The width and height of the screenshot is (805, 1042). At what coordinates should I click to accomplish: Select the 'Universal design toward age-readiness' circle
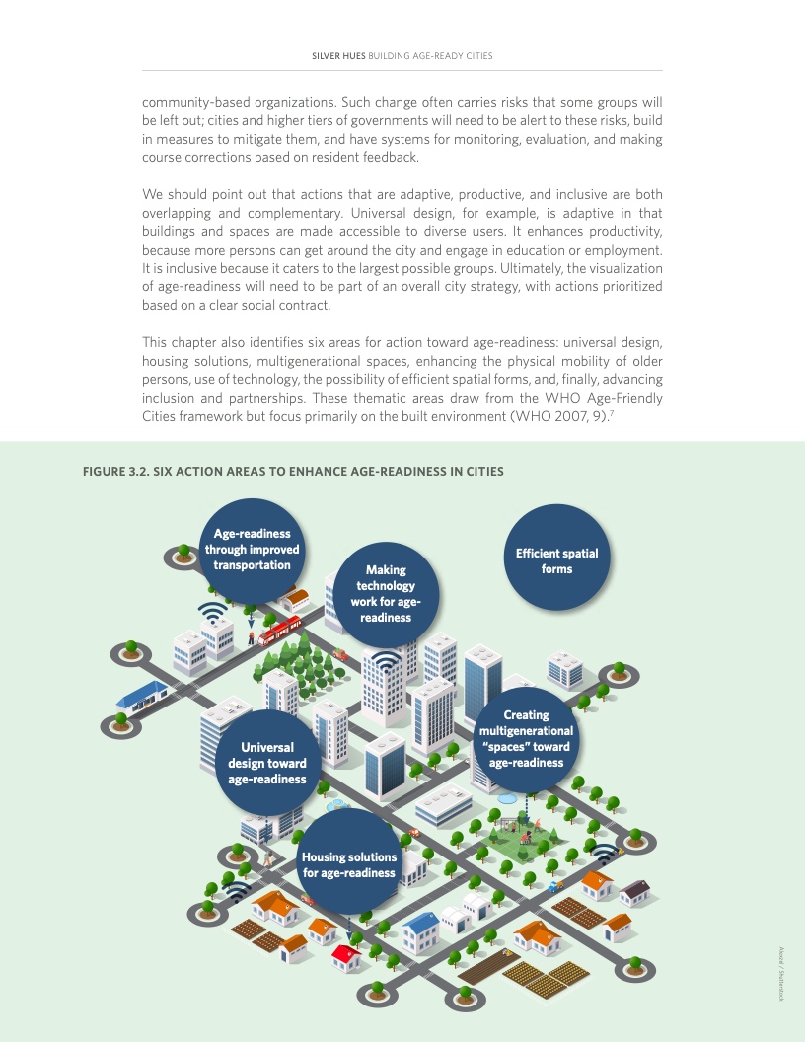point(267,762)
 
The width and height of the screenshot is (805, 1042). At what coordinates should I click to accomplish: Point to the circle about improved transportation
point(252,550)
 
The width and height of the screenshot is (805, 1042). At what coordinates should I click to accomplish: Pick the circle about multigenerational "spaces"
point(526,738)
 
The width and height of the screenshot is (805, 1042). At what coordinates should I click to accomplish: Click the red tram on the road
point(279,630)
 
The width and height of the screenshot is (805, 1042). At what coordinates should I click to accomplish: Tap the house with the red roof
point(346,956)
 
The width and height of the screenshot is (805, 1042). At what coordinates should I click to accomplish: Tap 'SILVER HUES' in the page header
point(338,56)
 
